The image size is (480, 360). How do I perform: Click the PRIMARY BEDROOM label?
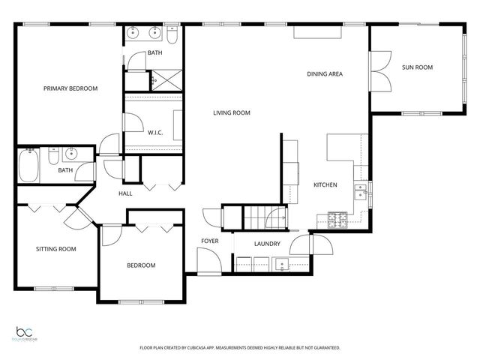click(70, 88)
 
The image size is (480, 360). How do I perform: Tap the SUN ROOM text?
click(418, 68)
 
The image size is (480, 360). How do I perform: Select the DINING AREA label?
click(325, 74)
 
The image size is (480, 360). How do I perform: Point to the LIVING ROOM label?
click(231, 113)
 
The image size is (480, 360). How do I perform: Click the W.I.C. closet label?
click(155, 133)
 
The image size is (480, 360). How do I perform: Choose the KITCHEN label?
click(325, 184)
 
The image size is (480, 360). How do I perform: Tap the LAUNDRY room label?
click(267, 244)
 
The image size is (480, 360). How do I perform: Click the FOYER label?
click(209, 241)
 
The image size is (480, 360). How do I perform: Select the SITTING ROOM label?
click(56, 249)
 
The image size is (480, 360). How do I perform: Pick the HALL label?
click(126, 193)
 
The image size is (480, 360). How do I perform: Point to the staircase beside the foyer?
click(259, 217)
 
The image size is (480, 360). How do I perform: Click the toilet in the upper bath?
click(171, 34)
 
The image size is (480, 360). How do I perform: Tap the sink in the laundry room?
click(282, 263)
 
